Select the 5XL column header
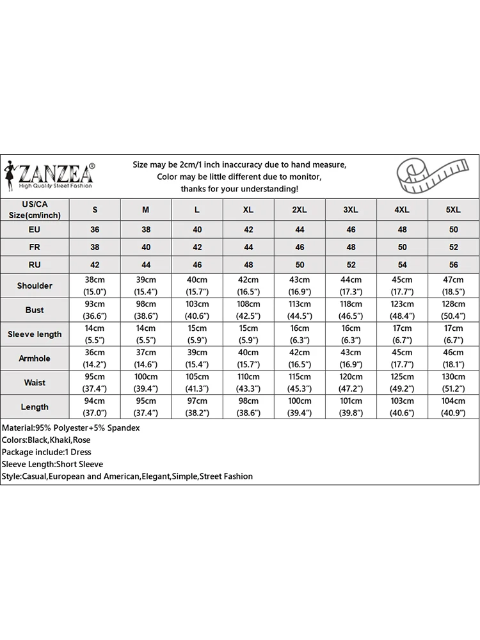point(453,209)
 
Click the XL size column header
point(248,209)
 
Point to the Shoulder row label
point(35,285)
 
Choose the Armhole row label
point(35,358)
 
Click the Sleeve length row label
point(35,334)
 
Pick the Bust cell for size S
point(95,310)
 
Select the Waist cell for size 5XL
point(453,383)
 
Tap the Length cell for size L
point(197,407)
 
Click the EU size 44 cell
point(300,229)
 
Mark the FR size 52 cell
point(453,246)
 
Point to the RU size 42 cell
point(95,264)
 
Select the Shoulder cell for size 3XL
point(351,285)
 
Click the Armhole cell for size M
point(146,358)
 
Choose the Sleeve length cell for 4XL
point(402,334)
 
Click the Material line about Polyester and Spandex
point(71,428)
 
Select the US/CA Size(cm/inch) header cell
point(35,209)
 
